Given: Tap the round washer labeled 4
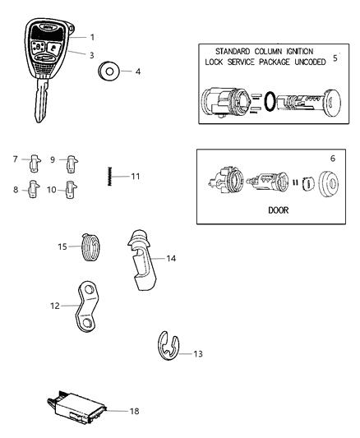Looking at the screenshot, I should coord(106,72).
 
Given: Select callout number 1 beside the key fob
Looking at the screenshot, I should coord(92,37).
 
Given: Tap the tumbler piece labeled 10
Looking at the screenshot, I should coord(71,190).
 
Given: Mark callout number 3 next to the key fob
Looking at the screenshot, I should coord(92,54).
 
